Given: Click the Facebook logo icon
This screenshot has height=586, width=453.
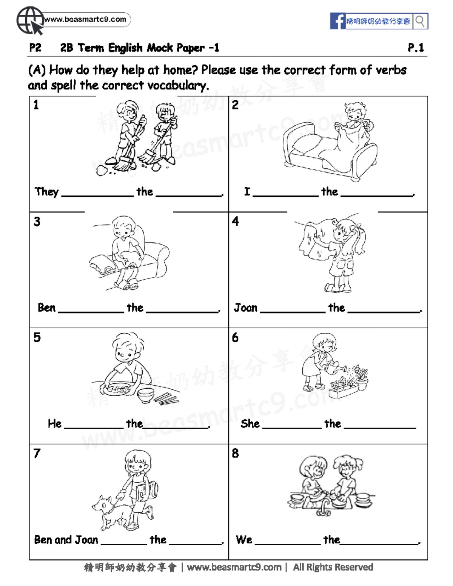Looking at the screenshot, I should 338,21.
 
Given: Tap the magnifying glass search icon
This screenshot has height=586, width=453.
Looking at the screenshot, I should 420,21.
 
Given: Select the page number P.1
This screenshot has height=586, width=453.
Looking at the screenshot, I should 416,48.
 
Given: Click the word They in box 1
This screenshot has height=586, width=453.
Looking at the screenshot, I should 47,192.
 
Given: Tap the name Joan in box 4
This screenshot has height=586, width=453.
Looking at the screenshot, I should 246,308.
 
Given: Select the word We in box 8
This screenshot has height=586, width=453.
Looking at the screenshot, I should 244,540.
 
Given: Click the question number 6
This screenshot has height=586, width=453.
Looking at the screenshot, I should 235,337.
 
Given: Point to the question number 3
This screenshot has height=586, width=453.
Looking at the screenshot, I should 37,221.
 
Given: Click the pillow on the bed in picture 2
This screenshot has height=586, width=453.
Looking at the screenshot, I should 306,144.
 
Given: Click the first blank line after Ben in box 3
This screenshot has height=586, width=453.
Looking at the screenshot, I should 91,311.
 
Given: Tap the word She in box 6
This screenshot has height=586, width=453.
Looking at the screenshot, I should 250,424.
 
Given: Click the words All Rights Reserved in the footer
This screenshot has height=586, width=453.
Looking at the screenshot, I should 333,567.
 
